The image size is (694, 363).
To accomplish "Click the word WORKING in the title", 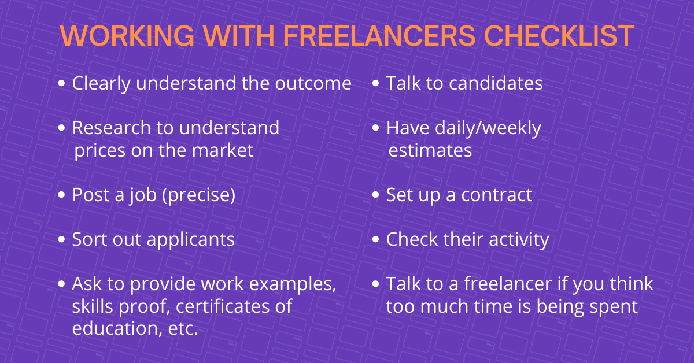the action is (x=127, y=36).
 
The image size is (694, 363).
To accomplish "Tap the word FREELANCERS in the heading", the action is (x=379, y=36).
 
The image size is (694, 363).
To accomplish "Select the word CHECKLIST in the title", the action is (x=559, y=36).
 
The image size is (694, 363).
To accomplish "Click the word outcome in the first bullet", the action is (x=313, y=83).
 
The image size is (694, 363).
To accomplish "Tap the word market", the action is (x=223, y=150).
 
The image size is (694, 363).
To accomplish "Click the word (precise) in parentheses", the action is (x=199, y=195).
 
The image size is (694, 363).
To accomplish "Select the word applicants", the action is (x=190, y=240).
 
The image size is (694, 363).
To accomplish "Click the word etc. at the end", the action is (x=183, y=328).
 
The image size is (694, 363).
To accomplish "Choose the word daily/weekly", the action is (x=488, y=128).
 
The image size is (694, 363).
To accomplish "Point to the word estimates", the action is (x=430, y=151).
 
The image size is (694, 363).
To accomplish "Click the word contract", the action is (x=497, y=195).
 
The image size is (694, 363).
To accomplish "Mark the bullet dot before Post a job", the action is (x=61, y=195).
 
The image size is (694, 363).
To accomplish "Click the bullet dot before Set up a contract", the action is (x=375, y=195).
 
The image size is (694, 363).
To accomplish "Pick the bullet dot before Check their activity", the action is (x=375, y=239).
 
